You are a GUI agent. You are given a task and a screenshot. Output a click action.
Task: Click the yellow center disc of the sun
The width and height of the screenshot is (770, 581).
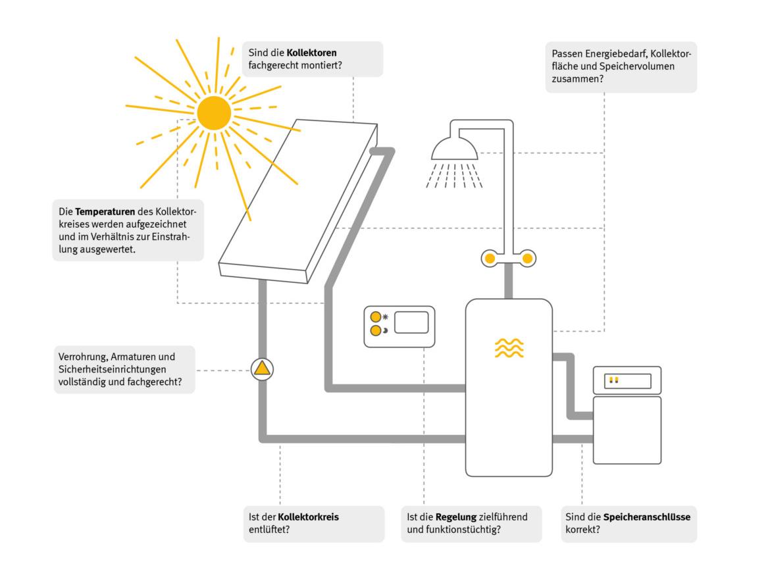click(x=214, y=113)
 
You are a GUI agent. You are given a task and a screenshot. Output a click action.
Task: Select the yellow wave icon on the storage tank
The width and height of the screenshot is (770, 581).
click(x=509, y=348)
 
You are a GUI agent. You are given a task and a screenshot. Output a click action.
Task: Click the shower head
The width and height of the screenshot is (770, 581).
click(x=455, y=150)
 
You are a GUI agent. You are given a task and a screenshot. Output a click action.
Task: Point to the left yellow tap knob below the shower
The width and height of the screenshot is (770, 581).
click(x=490, y=259)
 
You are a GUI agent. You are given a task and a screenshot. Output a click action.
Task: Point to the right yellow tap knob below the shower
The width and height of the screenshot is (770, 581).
click(x=527, y=259)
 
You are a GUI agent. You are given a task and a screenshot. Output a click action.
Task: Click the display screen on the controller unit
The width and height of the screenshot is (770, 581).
click(x=411, y=322)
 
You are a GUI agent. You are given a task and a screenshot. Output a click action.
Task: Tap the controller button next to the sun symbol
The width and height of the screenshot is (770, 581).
click(x=375, y=316)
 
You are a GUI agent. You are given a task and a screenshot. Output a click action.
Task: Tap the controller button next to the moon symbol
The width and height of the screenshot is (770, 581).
click(x=375, y=330)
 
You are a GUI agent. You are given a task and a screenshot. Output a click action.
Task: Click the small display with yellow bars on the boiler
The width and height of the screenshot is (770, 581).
click(x=627, y=380)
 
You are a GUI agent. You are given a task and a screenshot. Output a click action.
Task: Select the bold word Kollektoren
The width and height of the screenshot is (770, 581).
click(x=314, y=52)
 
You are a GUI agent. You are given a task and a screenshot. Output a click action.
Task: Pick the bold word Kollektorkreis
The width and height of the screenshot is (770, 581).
click(x=309, y=517)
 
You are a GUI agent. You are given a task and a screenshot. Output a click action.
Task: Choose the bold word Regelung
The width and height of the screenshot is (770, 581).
click(x=451, y=517)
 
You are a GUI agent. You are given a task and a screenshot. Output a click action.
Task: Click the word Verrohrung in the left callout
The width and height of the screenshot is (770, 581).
click(x=81, y=357)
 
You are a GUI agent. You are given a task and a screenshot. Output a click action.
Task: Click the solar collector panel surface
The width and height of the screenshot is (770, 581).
click(x=296, y=197)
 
